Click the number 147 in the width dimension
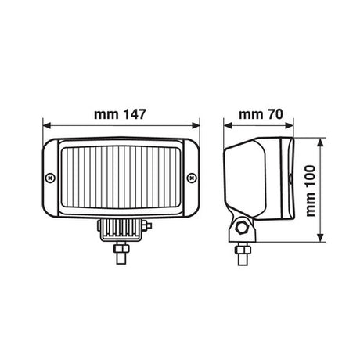(134, 114)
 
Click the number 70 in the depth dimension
(275, 114)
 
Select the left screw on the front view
(50, 178)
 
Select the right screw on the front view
(193, 178)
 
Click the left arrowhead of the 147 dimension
(47, 125)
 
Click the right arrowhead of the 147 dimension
(196, 125)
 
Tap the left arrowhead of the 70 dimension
(228, 125)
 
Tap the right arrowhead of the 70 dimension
(290, 125)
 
